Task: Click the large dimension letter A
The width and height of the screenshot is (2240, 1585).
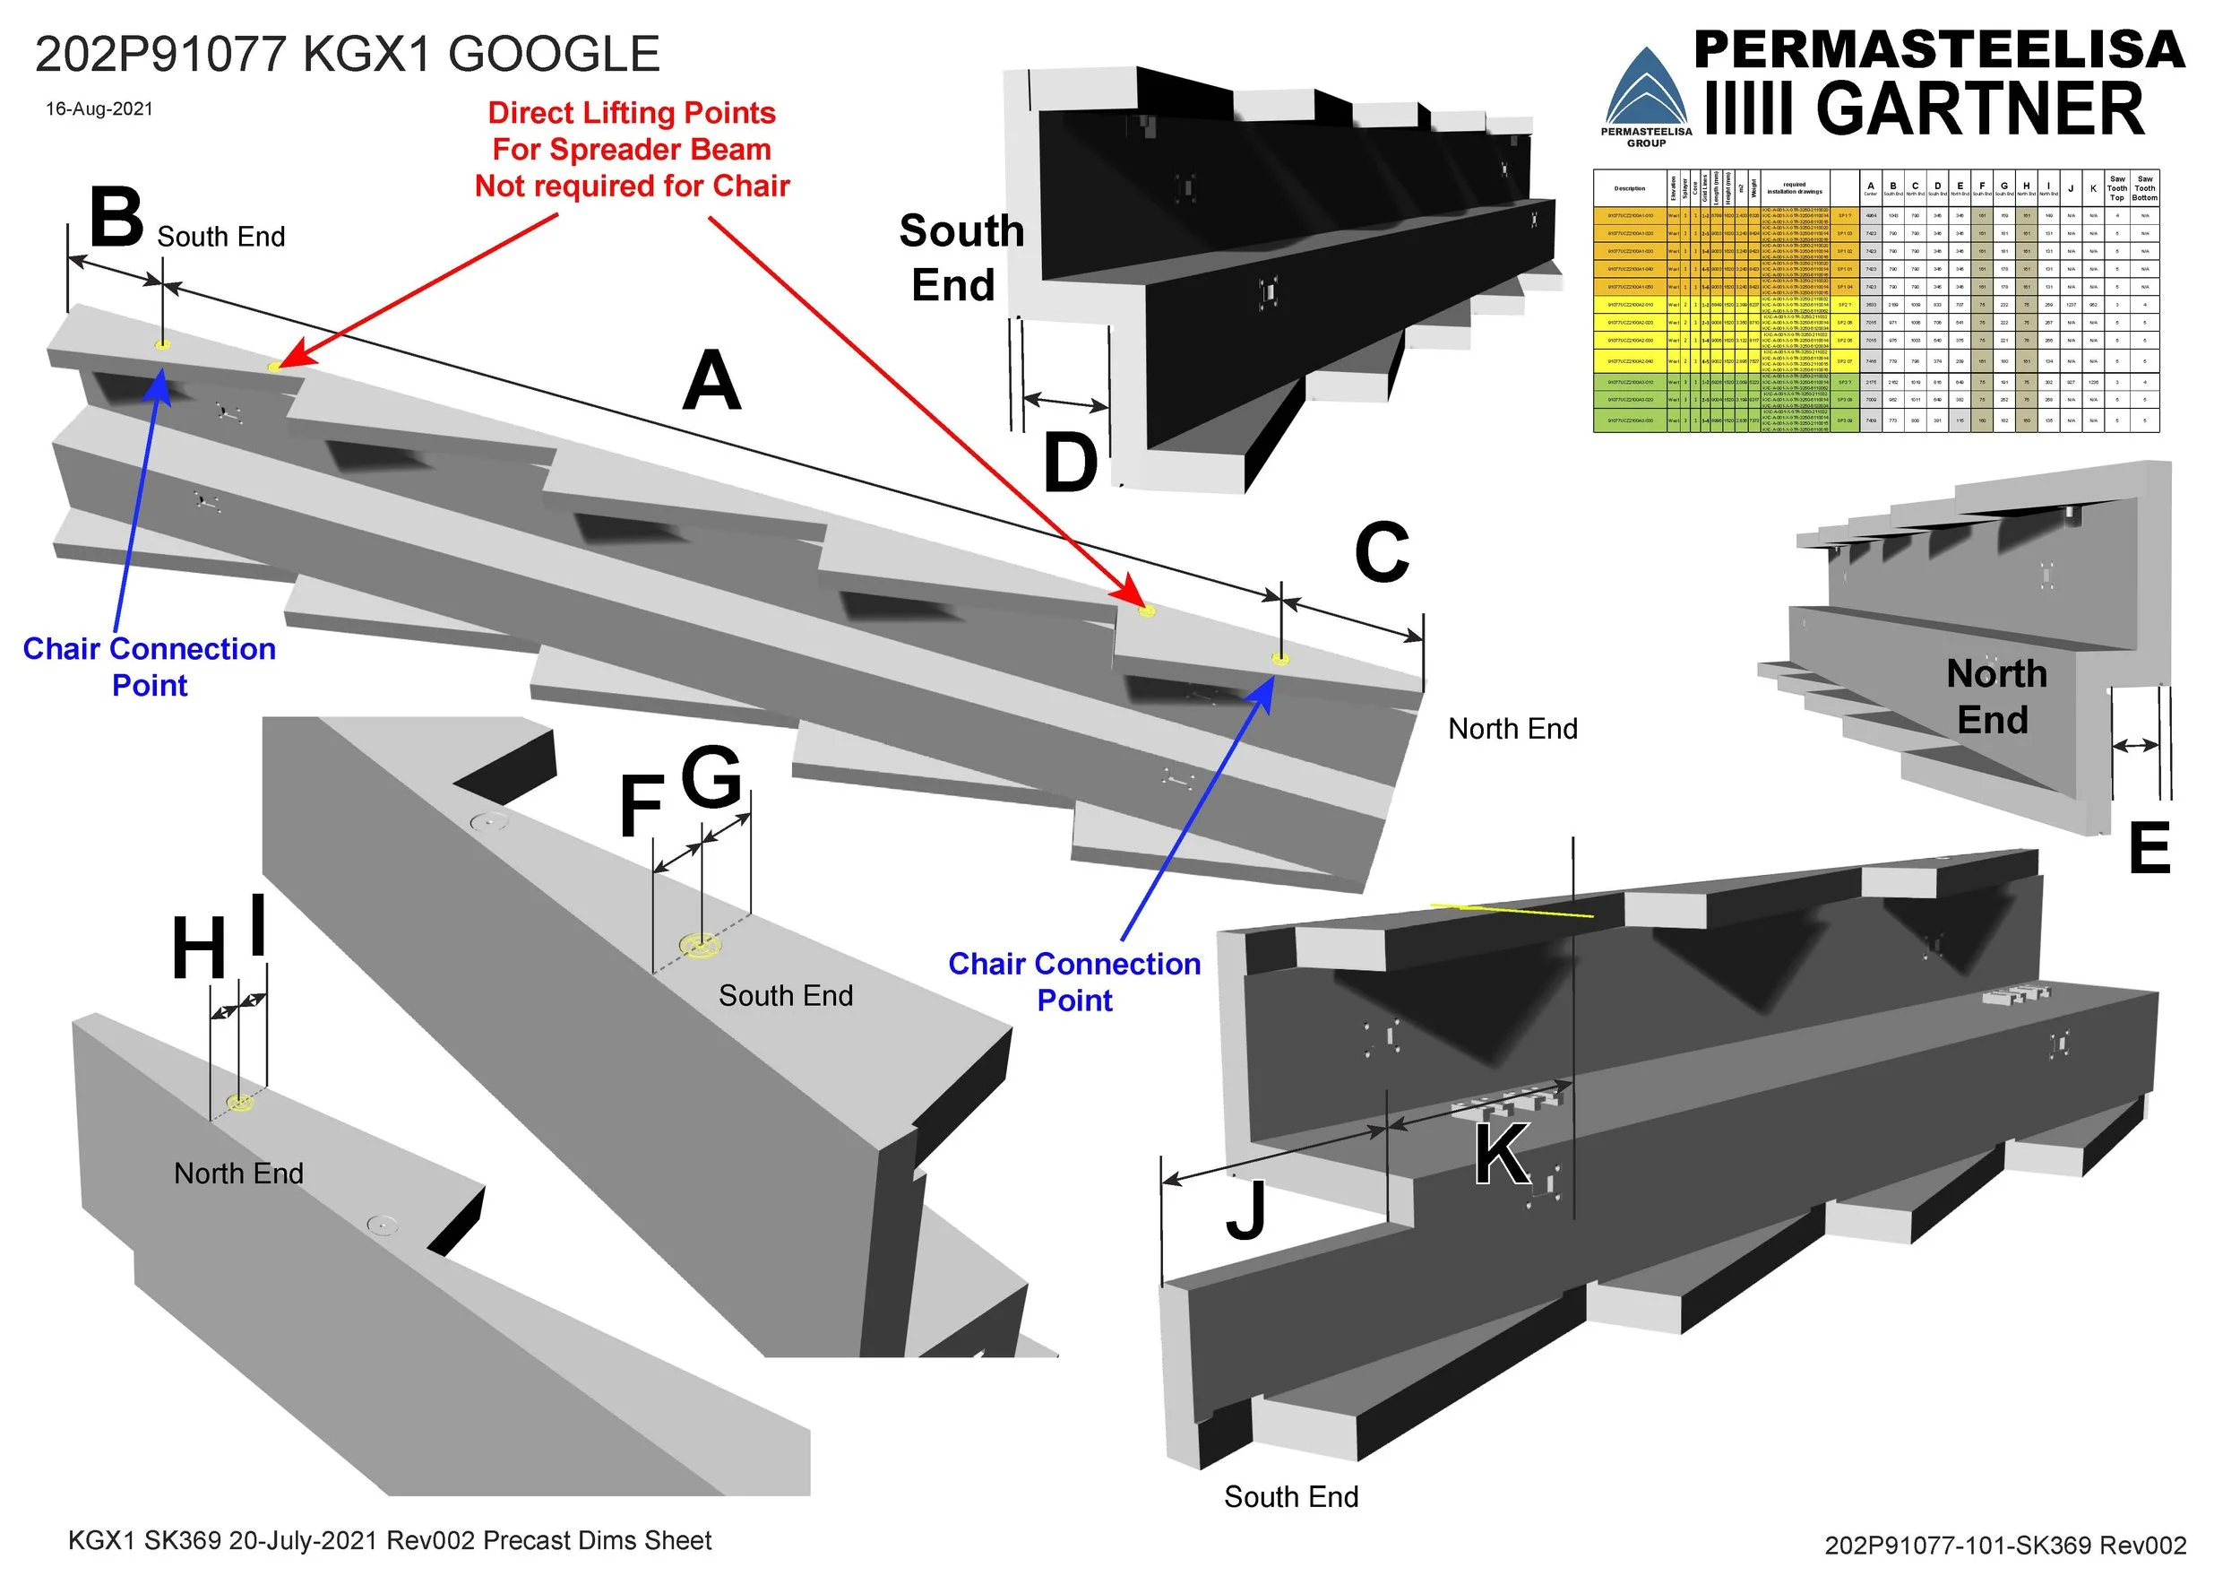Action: click(711, 383)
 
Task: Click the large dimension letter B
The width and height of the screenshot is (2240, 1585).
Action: click(116, 219)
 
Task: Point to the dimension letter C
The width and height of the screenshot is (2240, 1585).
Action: click(1382, 552)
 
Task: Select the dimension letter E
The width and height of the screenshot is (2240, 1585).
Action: click(2150, 849)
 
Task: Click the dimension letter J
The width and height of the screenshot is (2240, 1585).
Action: click(1245, 1210)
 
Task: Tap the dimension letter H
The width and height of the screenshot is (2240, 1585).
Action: click(199, 948)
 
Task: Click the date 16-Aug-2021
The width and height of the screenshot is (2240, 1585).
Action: click(99, 109)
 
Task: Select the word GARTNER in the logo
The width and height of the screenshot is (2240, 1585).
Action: click(1979, 109)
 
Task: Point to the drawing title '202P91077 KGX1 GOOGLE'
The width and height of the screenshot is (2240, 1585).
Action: click(348, 55)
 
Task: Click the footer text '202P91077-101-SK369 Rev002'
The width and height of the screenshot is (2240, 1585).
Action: click(2005, 1545)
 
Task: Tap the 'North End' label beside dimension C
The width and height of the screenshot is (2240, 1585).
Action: click(1512, 729)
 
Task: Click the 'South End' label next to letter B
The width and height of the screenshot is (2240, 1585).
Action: click(220, 238)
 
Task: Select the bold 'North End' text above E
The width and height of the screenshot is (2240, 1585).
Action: click(1995, 697)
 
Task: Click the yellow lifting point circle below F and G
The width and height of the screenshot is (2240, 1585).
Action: click(701, 945)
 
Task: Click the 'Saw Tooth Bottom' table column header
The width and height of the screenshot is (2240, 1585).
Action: click(2145, 188)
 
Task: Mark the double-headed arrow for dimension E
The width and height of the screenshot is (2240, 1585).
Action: click(2134, 746)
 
